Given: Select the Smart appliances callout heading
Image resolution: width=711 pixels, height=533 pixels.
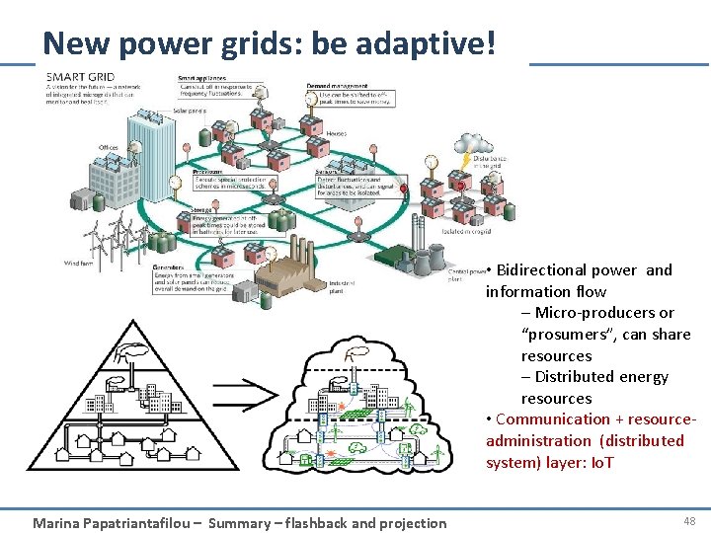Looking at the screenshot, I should (x=201, y=78).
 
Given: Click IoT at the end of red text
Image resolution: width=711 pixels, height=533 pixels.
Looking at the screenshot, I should (x=599, y=462).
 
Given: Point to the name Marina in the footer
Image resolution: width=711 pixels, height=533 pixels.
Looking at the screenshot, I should (x=57, y=523).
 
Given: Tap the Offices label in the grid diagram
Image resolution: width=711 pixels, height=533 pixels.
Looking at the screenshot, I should (x=108, y=148).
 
